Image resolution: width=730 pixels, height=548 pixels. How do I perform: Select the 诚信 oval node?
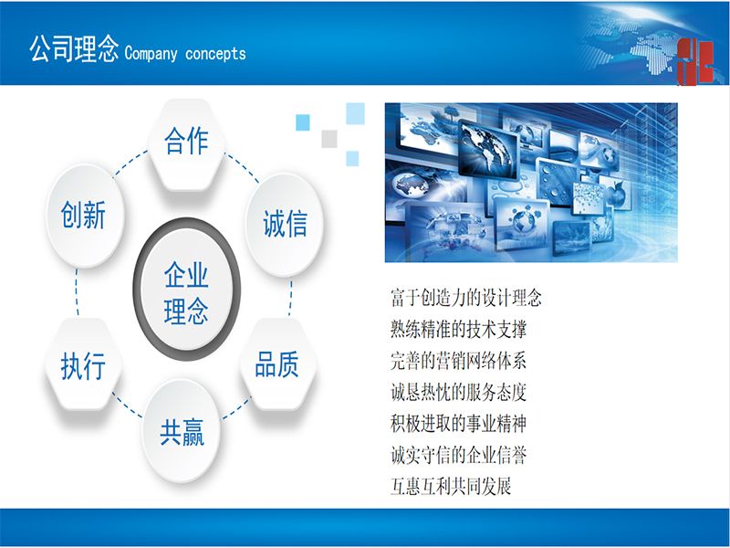(x=284, y=225)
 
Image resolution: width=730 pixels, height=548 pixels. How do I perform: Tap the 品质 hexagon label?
(x=278, y=364)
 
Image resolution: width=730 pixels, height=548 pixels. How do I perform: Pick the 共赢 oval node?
(x=181, y=430)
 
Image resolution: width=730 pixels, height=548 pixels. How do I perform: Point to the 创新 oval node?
(x=84, y=216)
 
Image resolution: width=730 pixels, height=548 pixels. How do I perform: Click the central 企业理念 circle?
(x=187, y=290)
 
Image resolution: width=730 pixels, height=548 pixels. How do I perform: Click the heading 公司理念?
(x=74, y=49)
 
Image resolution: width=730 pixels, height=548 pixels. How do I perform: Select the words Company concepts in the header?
(x=185, y=53)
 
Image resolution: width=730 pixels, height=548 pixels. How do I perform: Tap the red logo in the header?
(x=695, y=61)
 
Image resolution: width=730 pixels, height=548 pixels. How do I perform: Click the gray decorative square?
(x=329, y=139)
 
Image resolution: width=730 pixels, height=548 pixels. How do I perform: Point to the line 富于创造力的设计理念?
(x=466, y=298)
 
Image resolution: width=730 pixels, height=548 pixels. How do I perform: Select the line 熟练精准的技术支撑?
(x=459, y=329)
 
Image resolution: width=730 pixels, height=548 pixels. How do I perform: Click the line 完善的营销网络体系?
(x=459, y=361)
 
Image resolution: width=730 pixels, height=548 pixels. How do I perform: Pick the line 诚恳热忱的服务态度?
(x=459, y=392)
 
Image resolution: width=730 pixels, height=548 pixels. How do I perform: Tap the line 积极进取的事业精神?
(x=459, y=424)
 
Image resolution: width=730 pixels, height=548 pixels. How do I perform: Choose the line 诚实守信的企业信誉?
(x=459, y=455)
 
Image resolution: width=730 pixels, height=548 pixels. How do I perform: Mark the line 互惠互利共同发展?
(x=451, y=486)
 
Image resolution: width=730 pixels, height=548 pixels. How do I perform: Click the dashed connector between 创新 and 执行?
(x=77, y=292)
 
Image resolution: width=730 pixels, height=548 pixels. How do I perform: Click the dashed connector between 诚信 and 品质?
(x=290, y=298)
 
